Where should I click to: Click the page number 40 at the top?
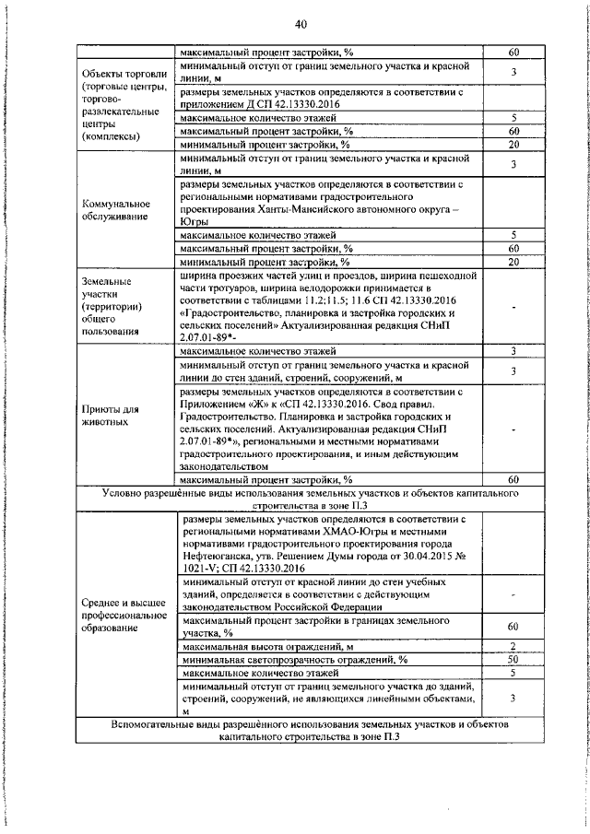[x=301, y=24]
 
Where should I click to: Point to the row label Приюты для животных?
[x=110, y=416]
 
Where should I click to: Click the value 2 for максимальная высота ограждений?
[x=513, y=645]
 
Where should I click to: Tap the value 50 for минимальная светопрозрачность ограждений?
[x=513, y=659]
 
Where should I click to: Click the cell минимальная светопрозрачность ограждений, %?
[x=294, y=659]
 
